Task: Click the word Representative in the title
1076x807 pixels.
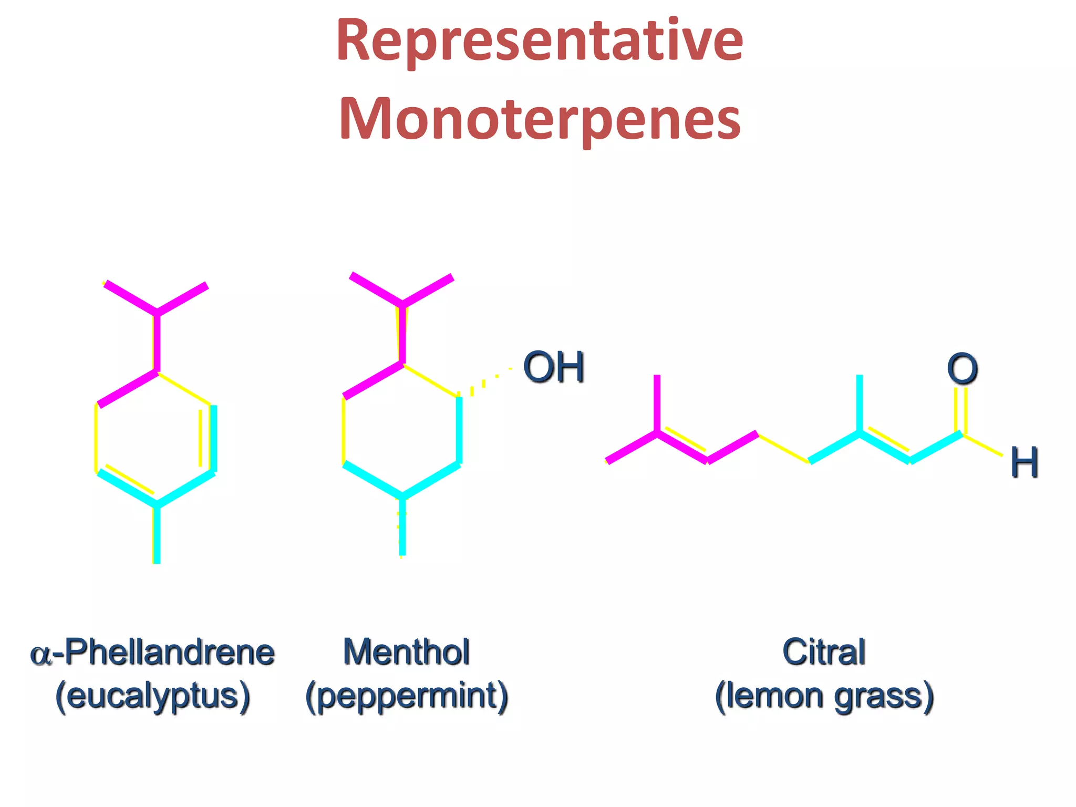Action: point(540,41)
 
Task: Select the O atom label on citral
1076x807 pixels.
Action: point(962,369)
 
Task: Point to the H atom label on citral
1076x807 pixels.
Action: point(1024,462)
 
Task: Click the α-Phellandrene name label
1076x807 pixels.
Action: point(152,653)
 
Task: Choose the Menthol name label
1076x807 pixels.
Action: point(406,653)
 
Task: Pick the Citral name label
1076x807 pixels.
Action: point(824,653)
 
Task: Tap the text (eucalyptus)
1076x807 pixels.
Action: point(152,697)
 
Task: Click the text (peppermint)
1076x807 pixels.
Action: point(407,697)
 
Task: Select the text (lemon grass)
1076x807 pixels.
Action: point(824,697)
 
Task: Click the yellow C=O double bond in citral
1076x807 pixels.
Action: point(961,410)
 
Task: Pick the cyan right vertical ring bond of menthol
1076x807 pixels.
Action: point(459,430)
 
